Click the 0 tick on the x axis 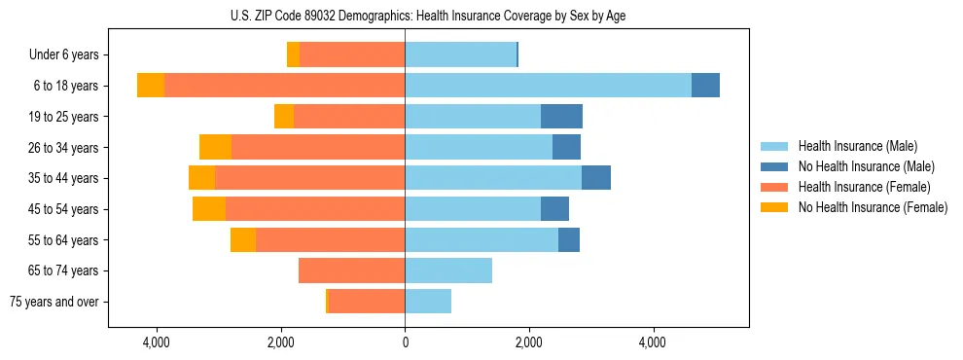(405, 342)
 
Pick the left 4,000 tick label (157, 342)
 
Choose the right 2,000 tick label (528, 342)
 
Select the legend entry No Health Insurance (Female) (873, 207)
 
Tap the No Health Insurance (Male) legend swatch (774, 166)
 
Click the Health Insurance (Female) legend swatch (774, 187)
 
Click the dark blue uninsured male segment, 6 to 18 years (705, 86)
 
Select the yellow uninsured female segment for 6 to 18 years (151, 86)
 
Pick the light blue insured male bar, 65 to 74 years (448, 270)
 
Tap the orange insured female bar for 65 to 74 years (351, 270)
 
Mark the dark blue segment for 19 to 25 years (561, 117)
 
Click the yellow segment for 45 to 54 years (209, 209)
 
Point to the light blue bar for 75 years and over (428, 302)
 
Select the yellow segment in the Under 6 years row (293, 55)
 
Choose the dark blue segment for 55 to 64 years (569, 240)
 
